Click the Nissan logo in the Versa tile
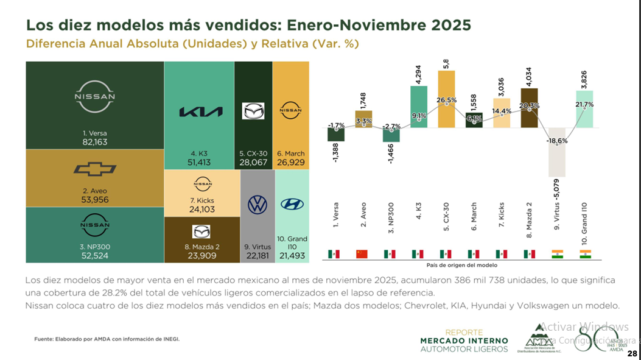pyautogui.click(x=94, y=96)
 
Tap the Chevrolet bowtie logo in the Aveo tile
pyautogui.click(x=94, y=169)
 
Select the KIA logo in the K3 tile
pyautogui.click(x=200, y=111)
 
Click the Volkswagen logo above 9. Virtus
pyautogui.click(x=257, y=205)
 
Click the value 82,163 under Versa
pyautogui.click(x=94, y=141)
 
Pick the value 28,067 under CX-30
pyautogui.click(x=253, y=163)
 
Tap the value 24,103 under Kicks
pyautogui.click(x=203, y=209)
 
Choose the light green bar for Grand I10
pyautogui.click(x=584, y=109)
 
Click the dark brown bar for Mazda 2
pyautogui.click(x=529, y=108)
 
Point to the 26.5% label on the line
pyautogui.click(x=446, y=101)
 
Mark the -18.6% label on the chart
pyautogui.click(x=557, y=141)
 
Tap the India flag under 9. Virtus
pyautogui.click(x=556, y=253)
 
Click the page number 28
pyautogui.click(x=632, y=353)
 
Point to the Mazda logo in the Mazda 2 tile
pyautogui.click(x=201, y=231)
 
